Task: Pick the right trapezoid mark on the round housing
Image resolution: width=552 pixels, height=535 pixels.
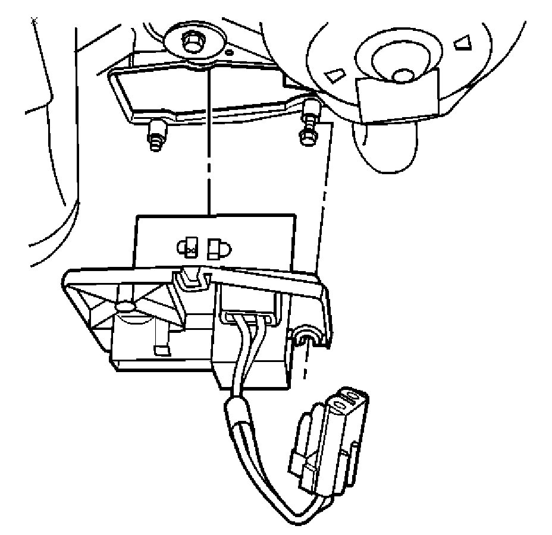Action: (462, 42)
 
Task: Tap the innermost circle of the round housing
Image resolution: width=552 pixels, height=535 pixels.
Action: (403, 74)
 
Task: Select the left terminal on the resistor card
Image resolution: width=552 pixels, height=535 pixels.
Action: (190, 247)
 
